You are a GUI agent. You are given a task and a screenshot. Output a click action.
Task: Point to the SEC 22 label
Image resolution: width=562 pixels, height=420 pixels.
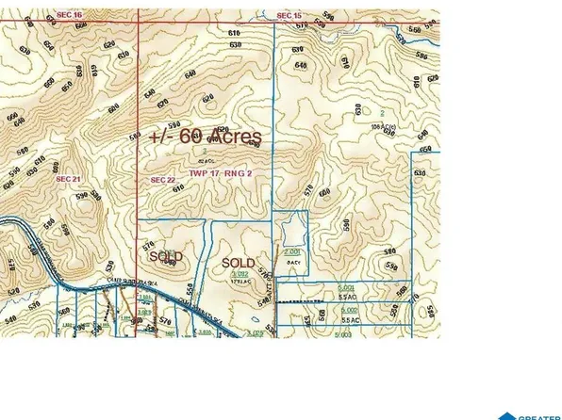pyautogui.click(x=163, y=179)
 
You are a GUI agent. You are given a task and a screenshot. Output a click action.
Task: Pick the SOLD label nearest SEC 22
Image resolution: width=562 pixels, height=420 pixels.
pyautogui.click(x=164, y=255)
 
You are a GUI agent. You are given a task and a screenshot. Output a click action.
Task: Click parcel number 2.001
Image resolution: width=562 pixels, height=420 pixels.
pyautogui.click(x=292, y=253)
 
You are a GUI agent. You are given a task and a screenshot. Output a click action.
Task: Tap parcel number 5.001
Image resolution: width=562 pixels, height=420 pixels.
pyautogui.click(x=347, y=286)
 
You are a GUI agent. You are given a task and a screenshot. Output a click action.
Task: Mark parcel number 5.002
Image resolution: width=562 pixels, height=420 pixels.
pyautogui.click(x=347, y=309)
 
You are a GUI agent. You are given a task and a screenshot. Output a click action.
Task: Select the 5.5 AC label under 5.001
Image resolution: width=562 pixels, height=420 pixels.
pyautogui.click(x=347, y=297)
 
